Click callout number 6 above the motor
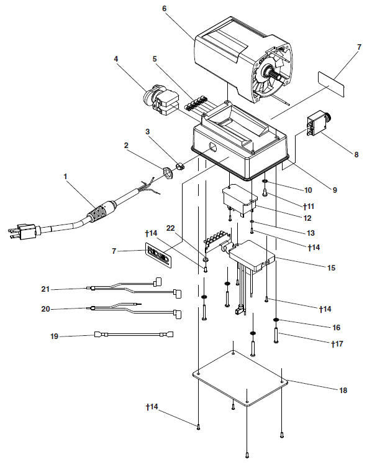164,8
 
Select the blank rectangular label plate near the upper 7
331,84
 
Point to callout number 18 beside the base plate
343,391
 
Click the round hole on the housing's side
213,147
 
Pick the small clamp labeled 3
179,167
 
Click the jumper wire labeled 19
134,334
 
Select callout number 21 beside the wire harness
45,289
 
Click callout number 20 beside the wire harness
45,309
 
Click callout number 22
170,228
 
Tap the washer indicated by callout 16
276,320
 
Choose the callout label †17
337,344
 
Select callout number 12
307,218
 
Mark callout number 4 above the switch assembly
116,59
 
